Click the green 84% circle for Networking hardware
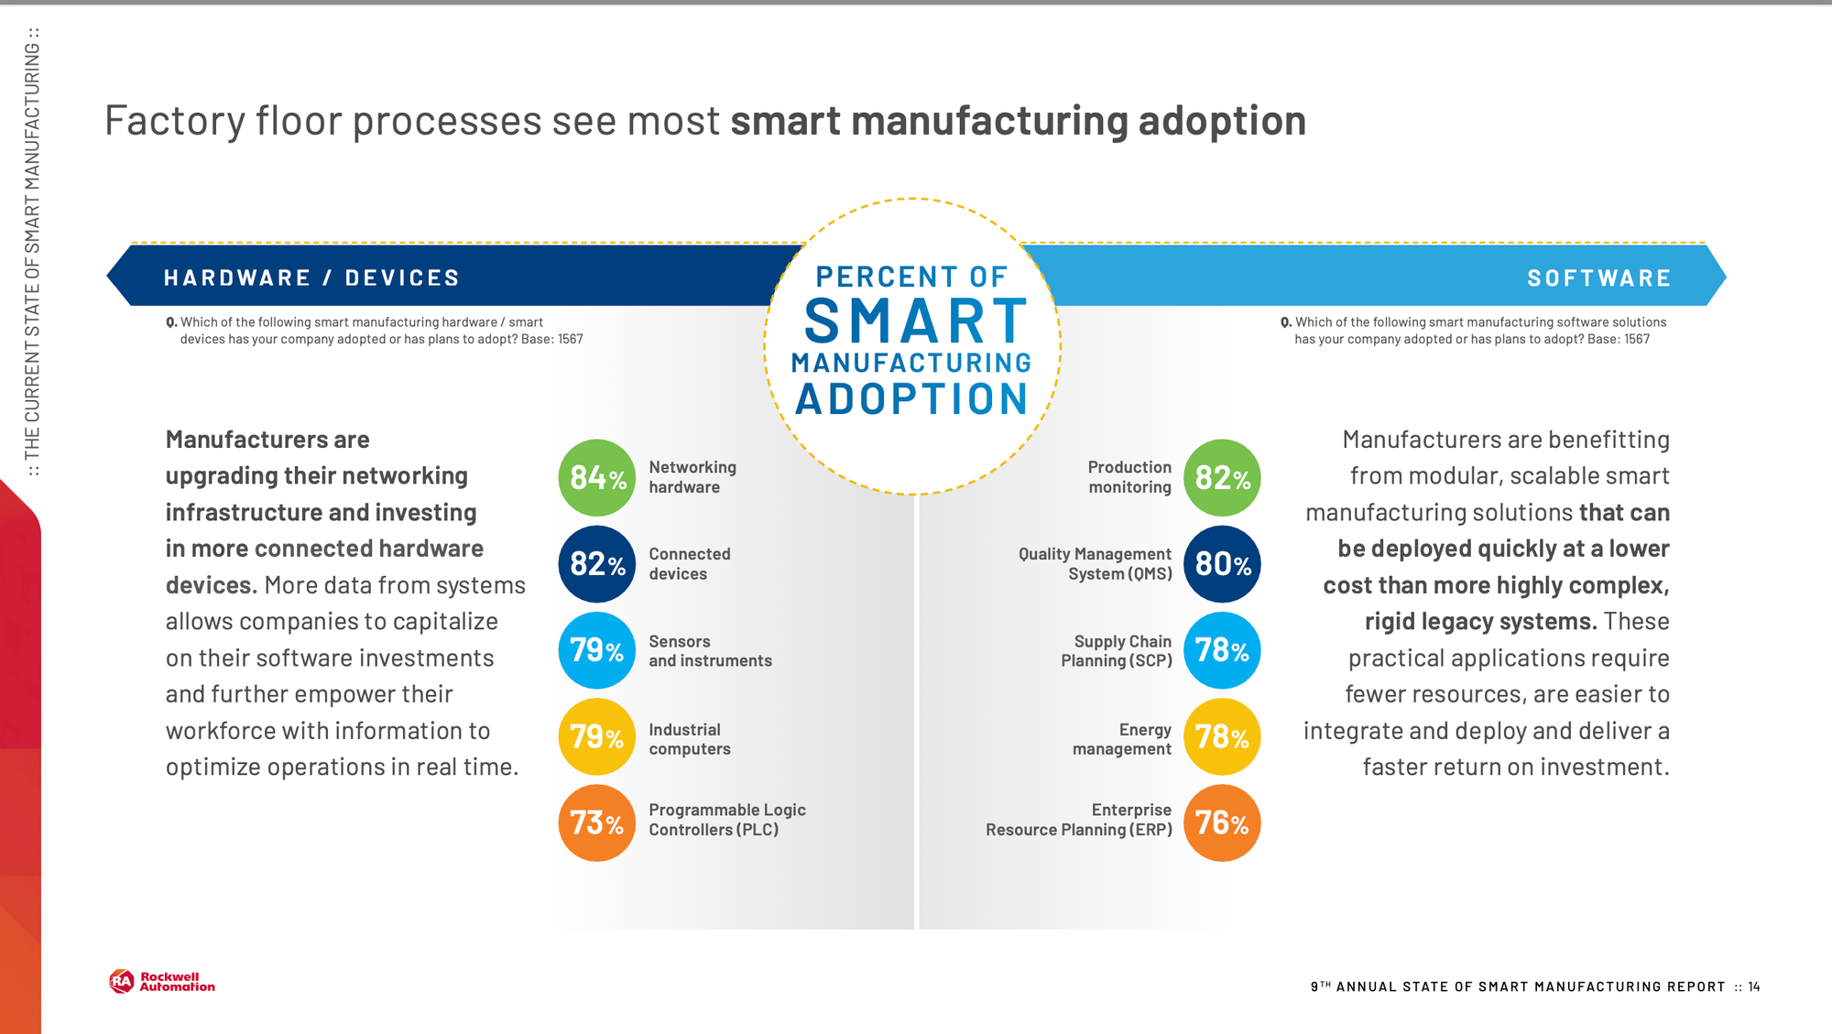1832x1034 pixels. pos(596,477)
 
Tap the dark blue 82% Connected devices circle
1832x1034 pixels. pos(596,564)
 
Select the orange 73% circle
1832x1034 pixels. pos(596,823)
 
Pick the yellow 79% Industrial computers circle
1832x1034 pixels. pos(596,737)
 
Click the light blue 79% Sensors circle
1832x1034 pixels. pos(596,650)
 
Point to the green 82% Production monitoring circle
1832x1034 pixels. pos(1222,477)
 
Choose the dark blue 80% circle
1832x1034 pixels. pos(1222,564)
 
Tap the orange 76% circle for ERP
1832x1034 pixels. pos(1222,823)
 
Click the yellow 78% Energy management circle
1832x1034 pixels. pos(1222,737)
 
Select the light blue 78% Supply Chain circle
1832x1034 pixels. pos(1222,650)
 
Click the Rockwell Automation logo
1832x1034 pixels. pos(162,982)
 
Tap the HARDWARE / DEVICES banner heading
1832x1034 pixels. pos(311,278)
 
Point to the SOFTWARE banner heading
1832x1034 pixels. pos(1598,278)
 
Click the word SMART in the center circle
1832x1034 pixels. pos(915,321)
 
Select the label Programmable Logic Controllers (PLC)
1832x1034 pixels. pos(726,820)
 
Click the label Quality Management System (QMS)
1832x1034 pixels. pos(1096,564)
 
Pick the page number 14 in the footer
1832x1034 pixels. pos(1753,986)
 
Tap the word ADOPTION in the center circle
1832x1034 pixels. pos(911,399)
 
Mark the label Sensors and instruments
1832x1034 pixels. pos(710,651)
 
